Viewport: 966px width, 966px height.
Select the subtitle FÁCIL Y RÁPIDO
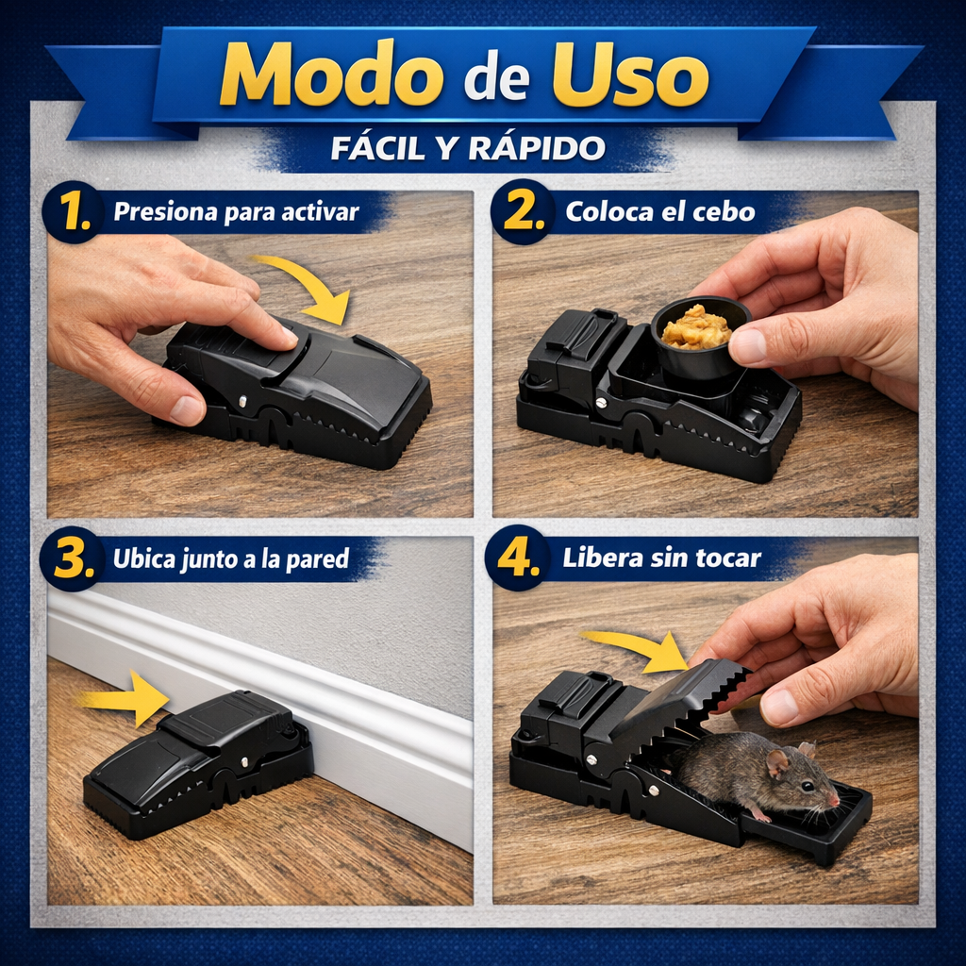point(468,148)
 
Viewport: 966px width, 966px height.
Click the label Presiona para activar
point(236,212)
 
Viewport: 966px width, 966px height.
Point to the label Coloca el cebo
point(659,212)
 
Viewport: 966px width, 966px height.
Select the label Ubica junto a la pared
point(231,559)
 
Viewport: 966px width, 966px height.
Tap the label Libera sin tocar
point(661,558)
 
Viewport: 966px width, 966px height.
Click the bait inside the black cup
point(696,327)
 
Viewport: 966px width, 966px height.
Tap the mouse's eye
point(808,786)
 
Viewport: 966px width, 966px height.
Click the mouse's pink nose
point(835,800)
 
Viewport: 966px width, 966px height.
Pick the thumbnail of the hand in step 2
point(748,346)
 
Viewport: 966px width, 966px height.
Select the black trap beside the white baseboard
point(198,764)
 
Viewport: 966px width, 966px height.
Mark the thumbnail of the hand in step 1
point(186,409)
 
